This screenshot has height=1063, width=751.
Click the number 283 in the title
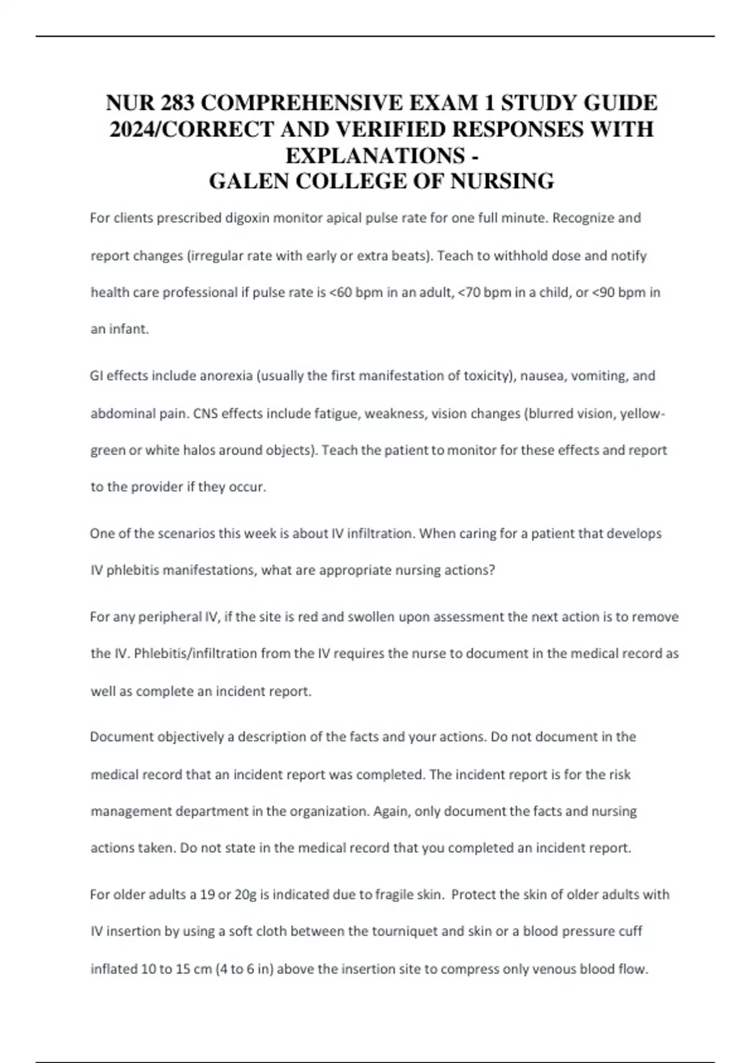pyautogui.click(x=177, y=102)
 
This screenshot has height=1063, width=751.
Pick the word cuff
pyautogui.click(x=630, y=932)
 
